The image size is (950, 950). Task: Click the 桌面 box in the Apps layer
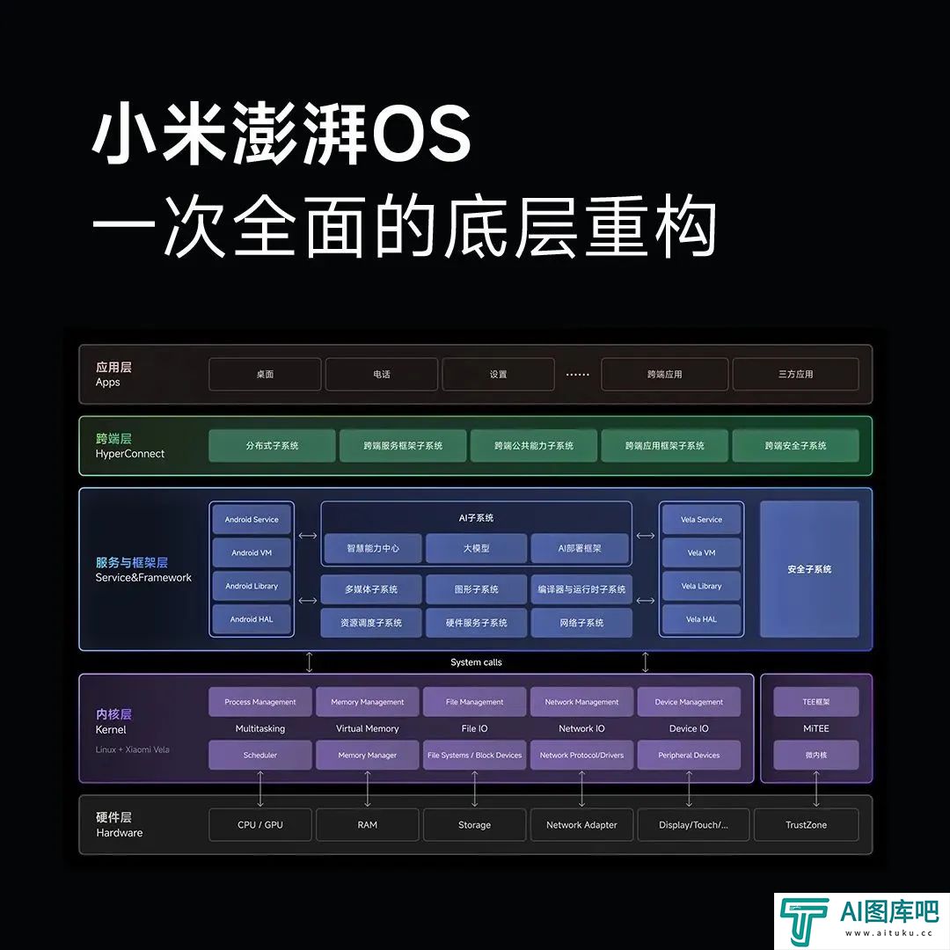(265, 374)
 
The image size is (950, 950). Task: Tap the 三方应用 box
(795, 374)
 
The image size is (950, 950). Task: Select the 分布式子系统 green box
(272, 445)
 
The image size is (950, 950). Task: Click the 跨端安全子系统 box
(795, 445)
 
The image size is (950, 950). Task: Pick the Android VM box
(252, 552)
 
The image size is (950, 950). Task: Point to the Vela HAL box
(702, 619)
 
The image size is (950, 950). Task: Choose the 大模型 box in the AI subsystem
(476, 548)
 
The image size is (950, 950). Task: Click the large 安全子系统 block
(809, 569)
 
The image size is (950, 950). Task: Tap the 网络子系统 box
(581, 623)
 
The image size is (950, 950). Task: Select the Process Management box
(260, 702)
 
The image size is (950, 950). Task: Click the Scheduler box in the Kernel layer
(260, 755)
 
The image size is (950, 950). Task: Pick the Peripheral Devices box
(689, 755)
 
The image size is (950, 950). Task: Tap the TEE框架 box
(816, 702)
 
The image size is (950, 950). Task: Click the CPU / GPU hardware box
(260, 824)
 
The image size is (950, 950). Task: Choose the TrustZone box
(807, 824)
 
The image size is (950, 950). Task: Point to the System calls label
(476, 662)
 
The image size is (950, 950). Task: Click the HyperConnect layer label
(129, 454)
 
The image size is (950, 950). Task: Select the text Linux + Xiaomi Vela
(132, 749)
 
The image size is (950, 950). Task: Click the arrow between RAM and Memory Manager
(368, 789)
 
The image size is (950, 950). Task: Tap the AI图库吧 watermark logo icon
(803, 921)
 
